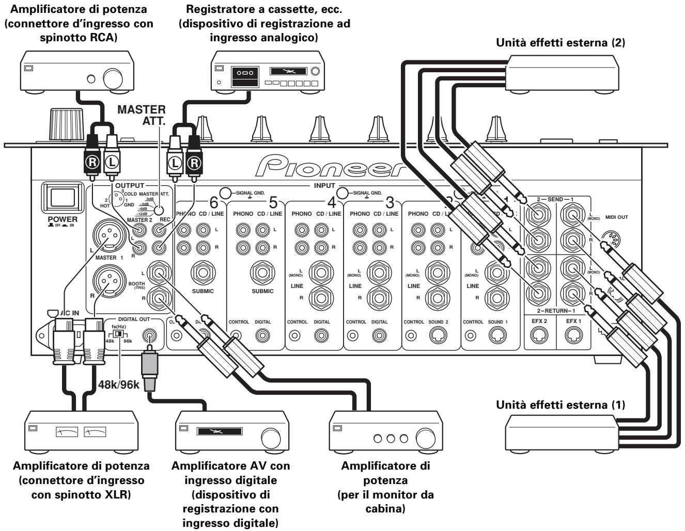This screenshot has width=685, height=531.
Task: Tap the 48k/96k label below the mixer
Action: (x=119, y=384)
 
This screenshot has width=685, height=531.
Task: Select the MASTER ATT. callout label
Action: (x=142, y=116)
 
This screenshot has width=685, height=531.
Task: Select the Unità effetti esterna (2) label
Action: (x=560, y=43)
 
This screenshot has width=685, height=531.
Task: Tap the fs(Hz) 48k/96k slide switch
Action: (x=119, y=334)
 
